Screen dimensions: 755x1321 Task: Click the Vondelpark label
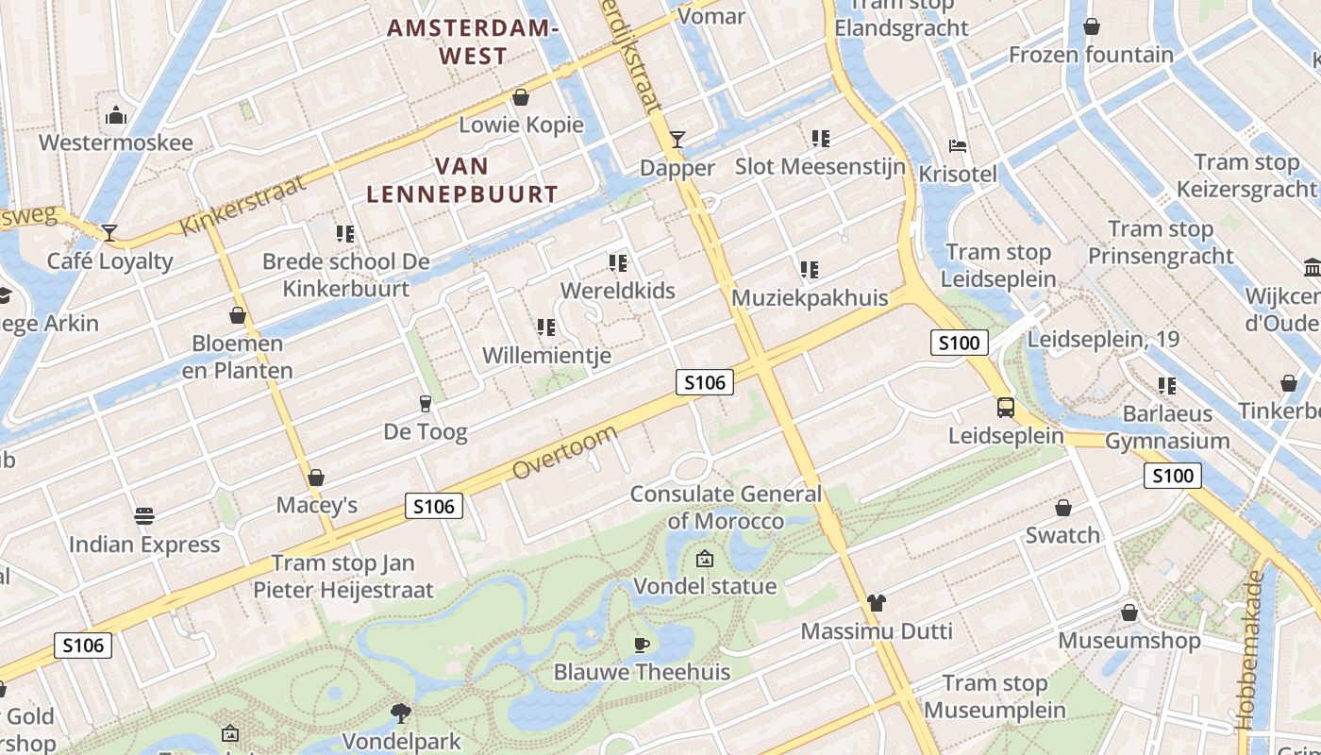[401, 741]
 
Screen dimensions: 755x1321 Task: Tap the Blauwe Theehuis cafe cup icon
[642, 645]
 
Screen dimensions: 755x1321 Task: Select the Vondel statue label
[705, 586]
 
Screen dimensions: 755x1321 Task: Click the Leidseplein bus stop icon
[1006, 408]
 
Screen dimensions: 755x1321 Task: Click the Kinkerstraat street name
[243, 205]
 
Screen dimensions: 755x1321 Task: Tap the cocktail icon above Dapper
[677, 140]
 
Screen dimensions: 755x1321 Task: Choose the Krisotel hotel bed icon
[958, 146]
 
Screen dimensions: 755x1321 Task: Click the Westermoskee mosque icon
[117, 115]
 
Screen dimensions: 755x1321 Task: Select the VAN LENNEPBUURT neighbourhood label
[462, 180]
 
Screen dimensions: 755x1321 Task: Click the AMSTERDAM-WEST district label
[474, 42]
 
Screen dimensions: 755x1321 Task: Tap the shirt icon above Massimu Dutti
[877, 603]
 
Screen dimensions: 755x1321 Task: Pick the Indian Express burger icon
[143, 516]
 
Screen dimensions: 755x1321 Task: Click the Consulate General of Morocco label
[726, 507]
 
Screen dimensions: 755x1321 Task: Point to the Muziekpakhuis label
[810, 298]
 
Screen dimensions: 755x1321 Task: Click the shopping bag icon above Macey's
[316, 478]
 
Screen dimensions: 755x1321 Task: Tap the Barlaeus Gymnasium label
[1167, 428]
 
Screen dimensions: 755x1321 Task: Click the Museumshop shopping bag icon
[1129, 613]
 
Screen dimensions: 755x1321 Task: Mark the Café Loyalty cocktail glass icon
[110, 232]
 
